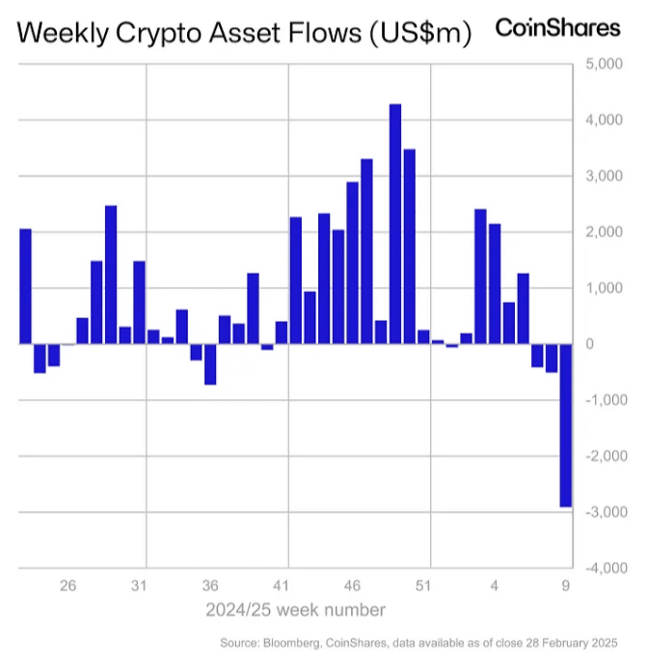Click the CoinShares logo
pyautogui.click(x=557, y=27)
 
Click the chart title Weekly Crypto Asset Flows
pyautogui.click(x=244, y=34)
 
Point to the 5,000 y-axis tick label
pyautogui.click(x=603, y=65)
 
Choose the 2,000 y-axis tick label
pyautogui.click(x=603, y=232)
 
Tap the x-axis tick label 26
pyautogui.click(x=67, y=585)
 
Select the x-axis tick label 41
pyautogui.click(x=282, y=585)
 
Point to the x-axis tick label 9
pyautogui.click(x=566, y=585)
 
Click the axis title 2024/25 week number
pyautogui.click(x=295, y=609)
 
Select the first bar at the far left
pyautogui.click(x=26, y=286)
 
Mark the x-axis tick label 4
pyautogui.click(x=495, y=585)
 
